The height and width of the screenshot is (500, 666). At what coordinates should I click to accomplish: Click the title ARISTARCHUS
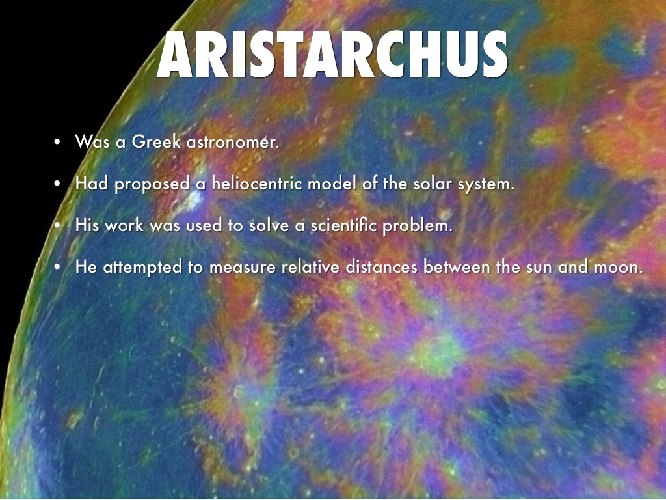[x=332, y=55]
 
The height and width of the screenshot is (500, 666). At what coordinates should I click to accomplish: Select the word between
[x=457, y=266]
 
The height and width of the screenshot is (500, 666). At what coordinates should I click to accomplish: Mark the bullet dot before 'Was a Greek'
[x=57, y=142]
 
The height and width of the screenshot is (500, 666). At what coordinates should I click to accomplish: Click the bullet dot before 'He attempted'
[x=57, y=267]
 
